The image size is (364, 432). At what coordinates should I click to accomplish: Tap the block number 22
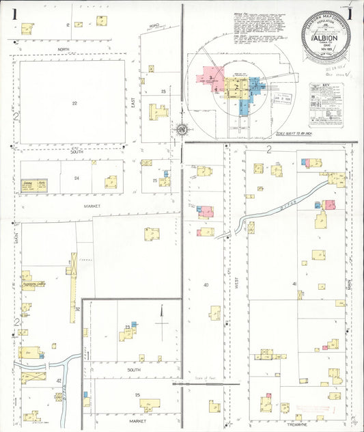point(75,103)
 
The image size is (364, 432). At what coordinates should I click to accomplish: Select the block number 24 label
point(76,178)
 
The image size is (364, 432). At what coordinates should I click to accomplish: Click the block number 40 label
point(205,284)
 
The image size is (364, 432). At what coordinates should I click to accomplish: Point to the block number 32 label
point(78,309)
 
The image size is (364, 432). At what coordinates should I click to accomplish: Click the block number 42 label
point(59,380)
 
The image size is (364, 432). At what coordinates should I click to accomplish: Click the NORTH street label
point(64,50)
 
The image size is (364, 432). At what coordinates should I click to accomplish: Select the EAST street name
point(133,103)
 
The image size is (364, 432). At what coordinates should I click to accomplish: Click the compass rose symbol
point(182,129)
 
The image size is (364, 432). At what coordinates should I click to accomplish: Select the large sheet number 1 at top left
point(14,13)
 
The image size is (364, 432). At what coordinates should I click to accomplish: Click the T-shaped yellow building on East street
point(158,110)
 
